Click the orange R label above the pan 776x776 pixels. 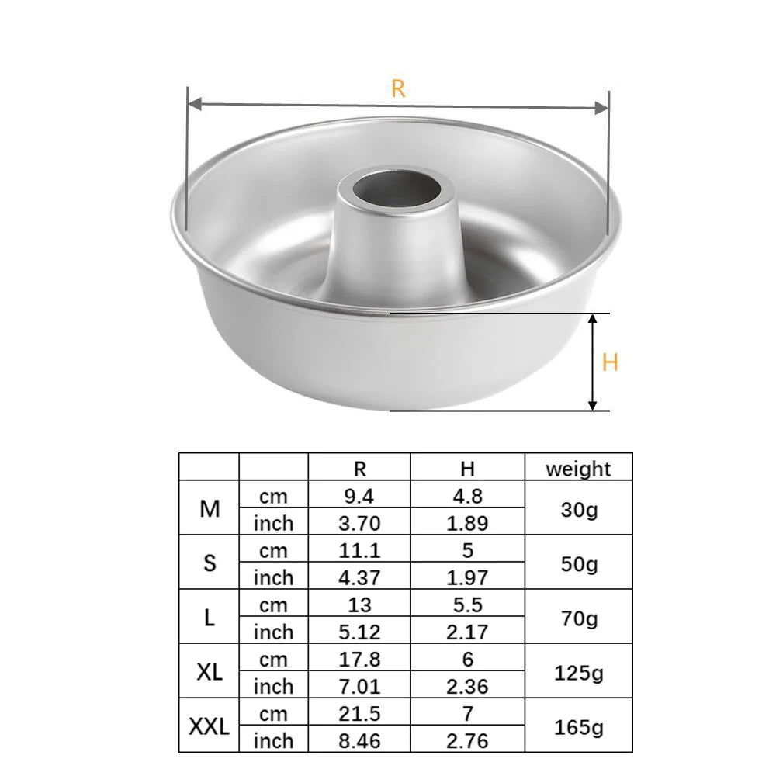[x=398, y=88]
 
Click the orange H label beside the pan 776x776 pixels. [x=610, y=362]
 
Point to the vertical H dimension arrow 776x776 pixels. [x=593, y=362]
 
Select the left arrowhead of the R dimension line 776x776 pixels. [x=195, y=104]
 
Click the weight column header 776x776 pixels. [x=578, y=468]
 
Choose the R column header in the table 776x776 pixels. [x=359, y=468]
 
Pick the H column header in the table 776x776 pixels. [x=467, y=468]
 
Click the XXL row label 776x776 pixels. [x=210, y=726]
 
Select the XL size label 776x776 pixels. [x=210, y=672]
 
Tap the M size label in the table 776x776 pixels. [x=210, y=509]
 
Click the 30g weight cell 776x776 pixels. [x=578, y=509]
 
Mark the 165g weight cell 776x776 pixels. [x=578, y=727]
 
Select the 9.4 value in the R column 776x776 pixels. [x=359, y=495]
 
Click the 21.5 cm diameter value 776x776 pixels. [x=359, y=713]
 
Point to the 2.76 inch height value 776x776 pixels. [x=467, y=740]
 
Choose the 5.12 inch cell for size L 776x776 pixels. [x=359, y=632]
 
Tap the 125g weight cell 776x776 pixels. [x=578, y=672]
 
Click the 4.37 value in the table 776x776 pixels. [x=359, y=577]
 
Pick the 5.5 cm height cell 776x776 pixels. [x=467, y=605]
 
